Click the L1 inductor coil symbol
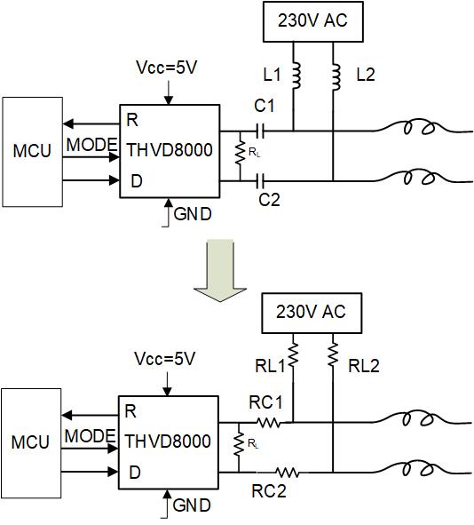pos(296,76)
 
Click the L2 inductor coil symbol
pos(336,76)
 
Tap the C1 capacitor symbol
pos(260,131)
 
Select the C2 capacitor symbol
pos(260,181)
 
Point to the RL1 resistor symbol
pos(293,355)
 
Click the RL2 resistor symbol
pos(333,355)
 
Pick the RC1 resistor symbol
pos(268,423)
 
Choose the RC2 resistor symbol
pos(288,473)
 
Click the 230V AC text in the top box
pos(312,20)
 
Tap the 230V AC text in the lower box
pos(311,312)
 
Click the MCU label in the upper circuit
pos(32,151)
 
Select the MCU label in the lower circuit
pos(30,442)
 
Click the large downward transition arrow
pos(220,270)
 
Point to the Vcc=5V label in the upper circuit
pos(166,68)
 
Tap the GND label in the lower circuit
pos(192,505)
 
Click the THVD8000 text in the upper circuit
pos(170,150)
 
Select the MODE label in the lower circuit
pos(90,436)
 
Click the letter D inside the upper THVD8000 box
pos(137,181)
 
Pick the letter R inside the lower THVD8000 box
pos(130,411)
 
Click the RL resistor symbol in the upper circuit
pos(241,153)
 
